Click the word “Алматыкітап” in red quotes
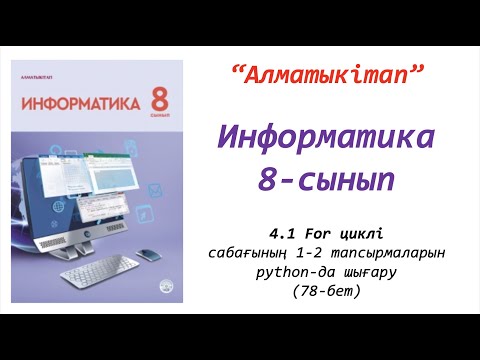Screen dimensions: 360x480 click(x=328, y=73)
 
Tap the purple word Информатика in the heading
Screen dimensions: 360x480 click(x=328, y=137)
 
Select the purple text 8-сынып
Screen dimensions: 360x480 click(x=328, y=180)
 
